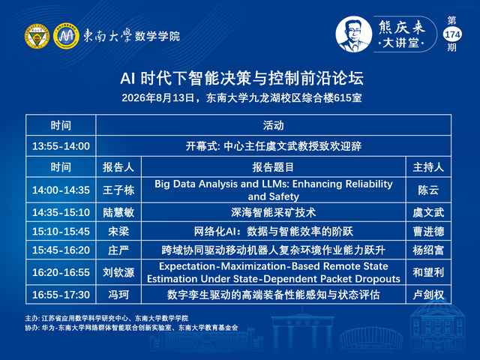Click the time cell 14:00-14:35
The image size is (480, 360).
(x=61, y=190)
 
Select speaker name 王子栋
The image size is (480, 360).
(x=118, y=190)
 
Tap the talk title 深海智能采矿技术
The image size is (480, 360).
(x=273, y=212)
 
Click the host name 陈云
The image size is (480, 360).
(x=428, y=190)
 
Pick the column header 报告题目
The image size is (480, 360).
(x=273, y=167)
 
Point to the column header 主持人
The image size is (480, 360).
(x=428, y=167)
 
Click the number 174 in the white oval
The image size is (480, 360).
(x=452, y=34)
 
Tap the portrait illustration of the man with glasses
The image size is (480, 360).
(x=353, y=34)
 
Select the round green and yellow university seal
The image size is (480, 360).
(x=37, y=36)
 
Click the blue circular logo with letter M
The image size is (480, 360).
(x=66, y=36)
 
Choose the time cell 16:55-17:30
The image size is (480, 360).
(x=61, y=295)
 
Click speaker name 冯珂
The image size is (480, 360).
(x=118, y=295)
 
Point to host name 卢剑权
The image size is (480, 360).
(x=428, y=295)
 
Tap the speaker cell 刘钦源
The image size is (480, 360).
(x=118, y=272)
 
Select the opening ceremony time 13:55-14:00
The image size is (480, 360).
(x=61, y=146)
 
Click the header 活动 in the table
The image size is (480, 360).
(x=273, y=125)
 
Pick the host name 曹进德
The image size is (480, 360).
(x=428, y=232)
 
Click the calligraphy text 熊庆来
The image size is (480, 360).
(x=402, y=27)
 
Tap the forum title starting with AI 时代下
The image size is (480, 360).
(x=241, y=78)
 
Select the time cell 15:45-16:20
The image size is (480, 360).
(x=61, y=250)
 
